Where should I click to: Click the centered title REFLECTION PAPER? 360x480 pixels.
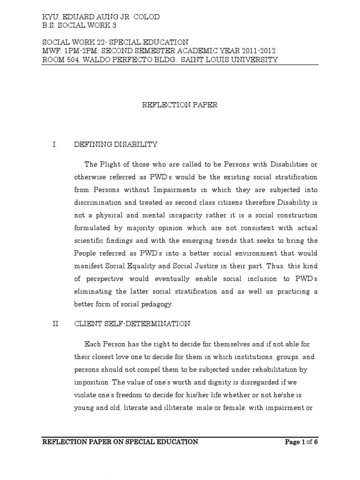coord(180,105)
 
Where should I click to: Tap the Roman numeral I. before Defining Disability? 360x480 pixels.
coord(55,145)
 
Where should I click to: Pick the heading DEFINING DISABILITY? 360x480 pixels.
coord(115,145)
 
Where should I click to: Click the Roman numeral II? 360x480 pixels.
coord(56,323)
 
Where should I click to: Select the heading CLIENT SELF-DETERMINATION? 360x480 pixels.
coord(132,323)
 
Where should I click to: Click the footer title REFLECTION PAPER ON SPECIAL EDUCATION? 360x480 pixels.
coord(120,442)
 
